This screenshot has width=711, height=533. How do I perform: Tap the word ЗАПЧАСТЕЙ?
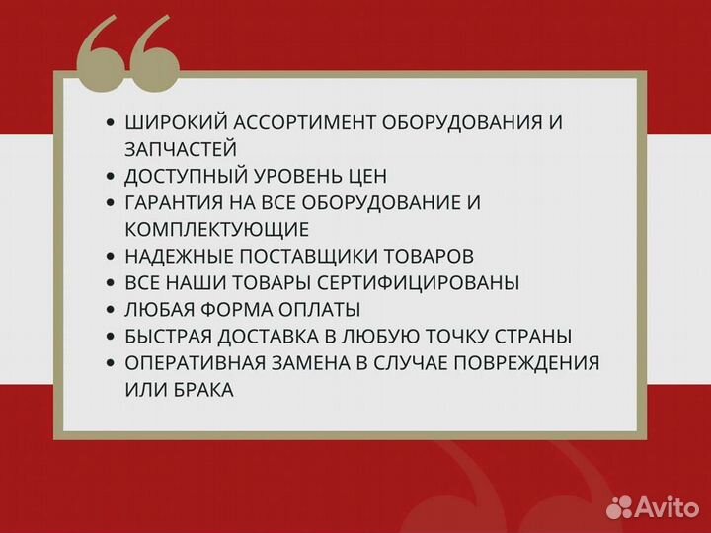pyautogui.click(x=181, y=149)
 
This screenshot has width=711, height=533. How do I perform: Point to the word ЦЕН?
pyautogui.click(x=366, y=176)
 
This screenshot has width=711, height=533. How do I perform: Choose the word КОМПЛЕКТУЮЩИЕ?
pyautogui.click(x=217, y=229)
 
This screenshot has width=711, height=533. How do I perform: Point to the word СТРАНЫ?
pyautogui.click(x=530, y=336)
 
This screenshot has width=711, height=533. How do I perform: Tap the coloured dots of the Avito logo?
pyautogui.click(x=619, y=506)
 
